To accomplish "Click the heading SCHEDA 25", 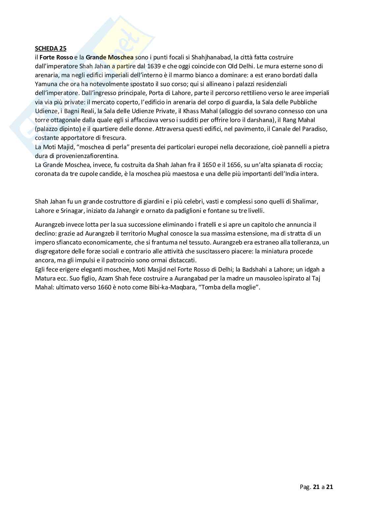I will click(x=50, y=49).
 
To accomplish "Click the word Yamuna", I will click(x=46, y=84).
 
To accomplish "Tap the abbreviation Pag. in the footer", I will click(x=305, y=487).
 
